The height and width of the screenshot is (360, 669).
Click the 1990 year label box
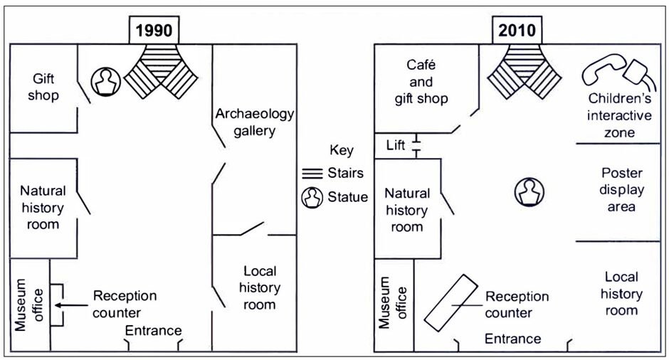point(154,31)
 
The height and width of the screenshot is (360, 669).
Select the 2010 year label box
point(517,31)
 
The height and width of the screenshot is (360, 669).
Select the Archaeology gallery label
point(254,122)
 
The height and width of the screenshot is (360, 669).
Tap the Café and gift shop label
point(421,82)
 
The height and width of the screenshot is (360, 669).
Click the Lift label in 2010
point(396,146)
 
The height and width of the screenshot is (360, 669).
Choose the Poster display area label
point(621,190)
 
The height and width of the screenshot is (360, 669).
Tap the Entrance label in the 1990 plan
point(153,331)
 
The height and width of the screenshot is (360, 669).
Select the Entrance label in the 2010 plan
point(512,339)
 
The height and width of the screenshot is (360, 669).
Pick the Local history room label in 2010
point(621,293)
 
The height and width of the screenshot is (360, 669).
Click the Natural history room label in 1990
point(43,207)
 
